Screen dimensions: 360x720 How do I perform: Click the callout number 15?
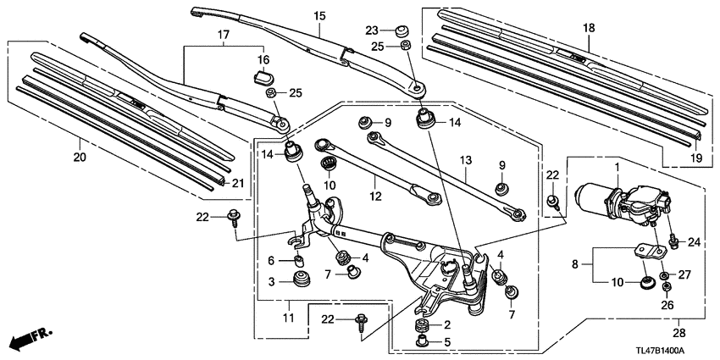(x=319, y=16)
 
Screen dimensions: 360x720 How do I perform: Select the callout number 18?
(x=590, y=28)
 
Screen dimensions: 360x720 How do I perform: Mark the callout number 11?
(x=288, y=317)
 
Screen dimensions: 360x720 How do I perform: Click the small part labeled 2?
(x=420, y=325)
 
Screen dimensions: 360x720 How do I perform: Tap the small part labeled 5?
(x=420, y=342)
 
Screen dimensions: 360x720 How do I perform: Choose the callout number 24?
(x=694, y=243)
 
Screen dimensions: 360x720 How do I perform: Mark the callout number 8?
(x=574, y=263)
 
